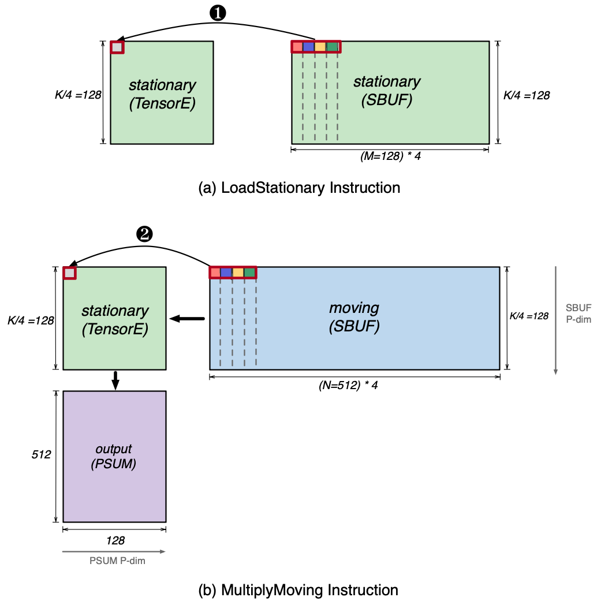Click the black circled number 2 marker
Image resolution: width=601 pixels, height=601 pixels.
coord(143,234)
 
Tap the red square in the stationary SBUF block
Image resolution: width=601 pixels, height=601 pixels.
coord(297,47)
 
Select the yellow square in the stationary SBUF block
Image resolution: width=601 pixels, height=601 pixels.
coord(320,47)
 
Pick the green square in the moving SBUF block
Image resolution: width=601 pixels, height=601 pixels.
coord(249,272)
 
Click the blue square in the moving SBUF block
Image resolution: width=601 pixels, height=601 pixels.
coord(226,272)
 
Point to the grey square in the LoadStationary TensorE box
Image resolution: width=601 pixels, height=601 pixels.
coord(117,47)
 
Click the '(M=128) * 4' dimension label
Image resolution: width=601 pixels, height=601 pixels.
coord(390,157)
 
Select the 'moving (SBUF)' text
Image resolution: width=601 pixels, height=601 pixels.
coord(354,318)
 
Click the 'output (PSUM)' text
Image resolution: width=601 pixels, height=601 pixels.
coord(114,456)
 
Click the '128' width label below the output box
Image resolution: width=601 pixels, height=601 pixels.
coord(115,541)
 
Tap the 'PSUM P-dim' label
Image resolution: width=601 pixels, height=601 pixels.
coord(117,561)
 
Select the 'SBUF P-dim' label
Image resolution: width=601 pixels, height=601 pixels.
coord(578,312)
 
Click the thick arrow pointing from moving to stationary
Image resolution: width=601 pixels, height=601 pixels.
coord(187,318)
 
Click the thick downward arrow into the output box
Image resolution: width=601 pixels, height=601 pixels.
coord(115,379)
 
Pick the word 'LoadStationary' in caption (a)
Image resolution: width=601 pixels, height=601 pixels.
coord(260,188)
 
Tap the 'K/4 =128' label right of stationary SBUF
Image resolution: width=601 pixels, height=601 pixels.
coord(526,96)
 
